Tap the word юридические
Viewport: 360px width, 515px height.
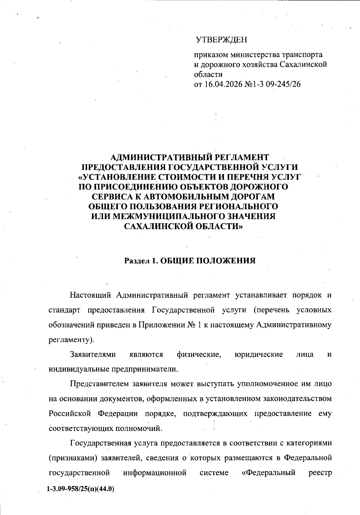pos(259,354)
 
